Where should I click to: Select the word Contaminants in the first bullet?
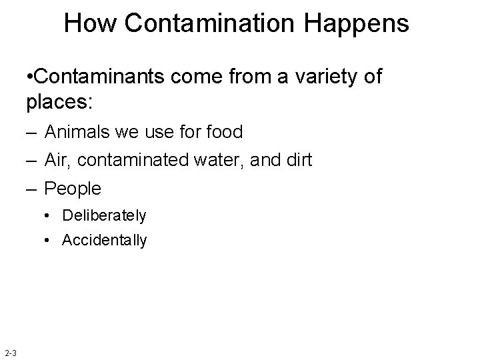pos(99,77)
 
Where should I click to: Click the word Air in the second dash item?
pos(55,161)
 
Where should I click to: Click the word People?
pos(72,189)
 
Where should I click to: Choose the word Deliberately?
pos(103,216)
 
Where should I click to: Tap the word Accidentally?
pos(104,240)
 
